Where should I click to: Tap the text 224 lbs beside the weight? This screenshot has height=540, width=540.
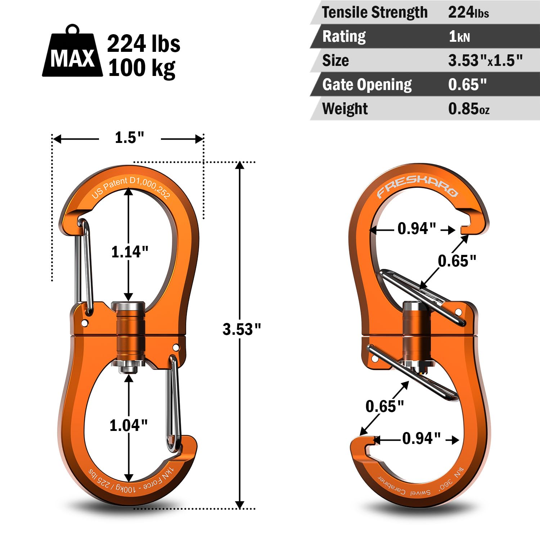click(x=144, y=44)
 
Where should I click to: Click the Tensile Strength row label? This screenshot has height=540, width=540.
click(x=375, y=12)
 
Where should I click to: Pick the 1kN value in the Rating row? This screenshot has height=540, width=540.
click(x=459, y=36)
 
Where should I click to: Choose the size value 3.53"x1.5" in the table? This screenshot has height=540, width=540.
click(x=485, y=60)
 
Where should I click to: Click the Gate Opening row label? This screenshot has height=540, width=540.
click(x=367, y=85)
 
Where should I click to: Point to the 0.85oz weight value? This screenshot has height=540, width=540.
click(x=469, y=109)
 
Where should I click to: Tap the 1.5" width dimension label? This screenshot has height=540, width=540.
click(x=129, y=138)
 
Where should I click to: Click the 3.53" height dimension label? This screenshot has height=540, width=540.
click(x=242, y=329)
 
